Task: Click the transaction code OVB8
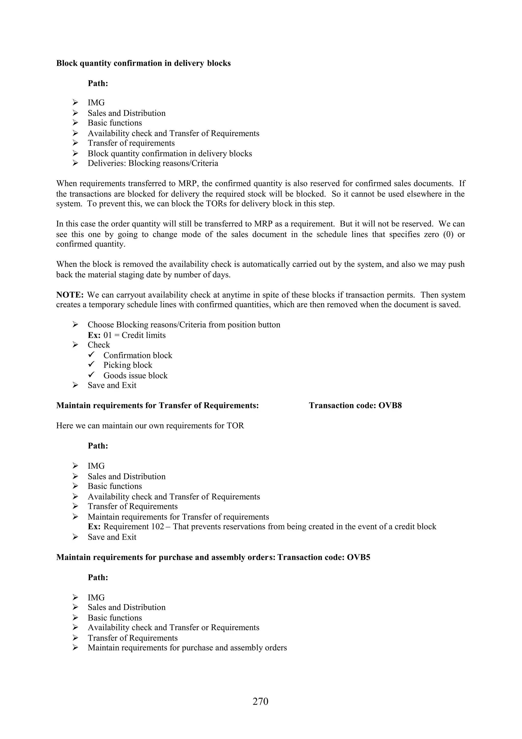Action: click(x=390, y=405)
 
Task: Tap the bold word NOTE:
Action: click(x=70, y=295)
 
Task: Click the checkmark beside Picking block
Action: click(x=91, y=364)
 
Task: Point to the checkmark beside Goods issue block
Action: click(x=91, y=375)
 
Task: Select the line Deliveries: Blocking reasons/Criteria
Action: click(x=153, y=163)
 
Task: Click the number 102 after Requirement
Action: click(x=158, y=527)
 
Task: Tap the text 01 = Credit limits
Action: click(x=134, y=335)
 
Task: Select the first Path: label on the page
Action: click(x=98, y=83)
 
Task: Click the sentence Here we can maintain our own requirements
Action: click(x=150, y=426)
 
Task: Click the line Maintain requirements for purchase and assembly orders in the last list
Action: click(x=187, y=648)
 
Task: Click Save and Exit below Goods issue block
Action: click(x=112, y=385)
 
